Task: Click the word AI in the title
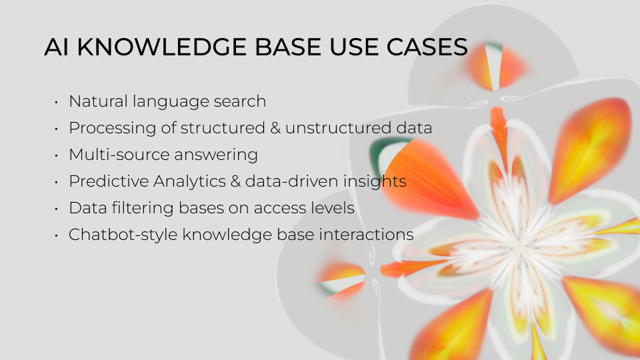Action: [54, 47]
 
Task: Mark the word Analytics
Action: [183, 181]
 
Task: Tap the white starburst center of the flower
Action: [517, 247]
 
